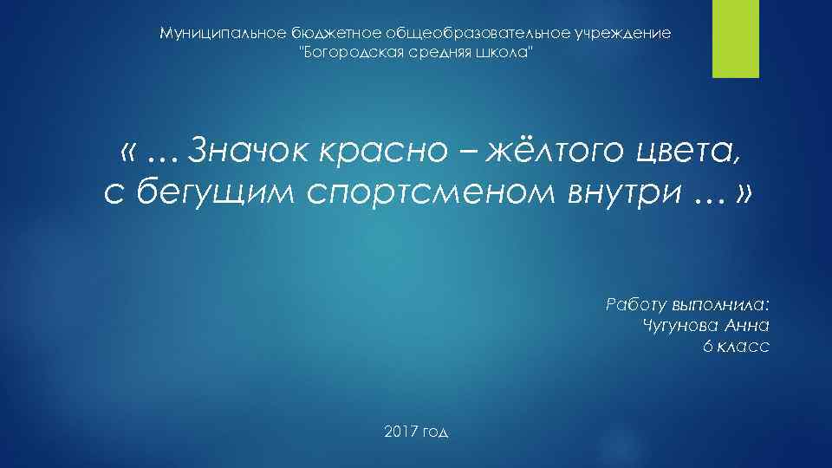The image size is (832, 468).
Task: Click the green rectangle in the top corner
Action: click(x=736, y=39)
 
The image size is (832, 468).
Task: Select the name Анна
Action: click(x=746, y=325)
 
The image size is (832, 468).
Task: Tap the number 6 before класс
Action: click(x=708, y=346)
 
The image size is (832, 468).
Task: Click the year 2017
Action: click(x=399, y=431)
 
